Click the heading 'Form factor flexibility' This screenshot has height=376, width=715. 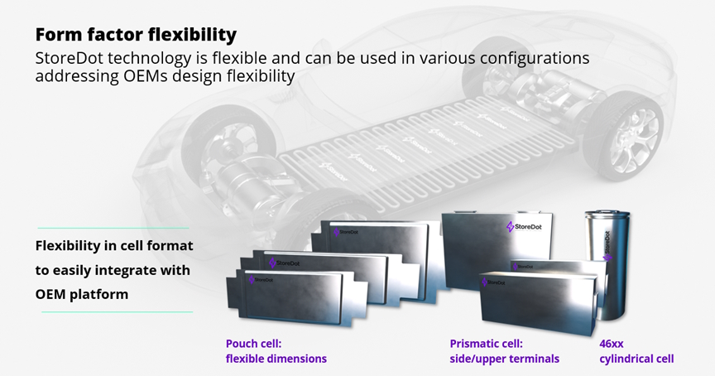point(136,35)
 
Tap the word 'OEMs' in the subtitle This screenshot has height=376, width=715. point(145,75)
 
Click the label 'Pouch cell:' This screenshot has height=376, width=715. point(253,344)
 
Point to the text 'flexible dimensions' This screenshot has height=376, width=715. point(276,359)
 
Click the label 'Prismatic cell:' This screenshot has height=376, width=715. point(486,344)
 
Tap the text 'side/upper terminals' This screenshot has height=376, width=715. point(504,359)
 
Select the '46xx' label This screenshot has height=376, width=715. point(612,344)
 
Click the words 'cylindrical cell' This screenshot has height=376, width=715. point(636,359)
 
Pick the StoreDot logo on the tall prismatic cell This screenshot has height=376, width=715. point(525,226)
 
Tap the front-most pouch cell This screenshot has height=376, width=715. point(295,297)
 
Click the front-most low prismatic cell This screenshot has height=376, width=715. point(538,301)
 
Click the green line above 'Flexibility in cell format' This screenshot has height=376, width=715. point(113,228)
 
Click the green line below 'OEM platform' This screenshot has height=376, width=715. point(118,312)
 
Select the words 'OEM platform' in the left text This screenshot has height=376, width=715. point(82,294)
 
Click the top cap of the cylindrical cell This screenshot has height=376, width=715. point(607,214)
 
